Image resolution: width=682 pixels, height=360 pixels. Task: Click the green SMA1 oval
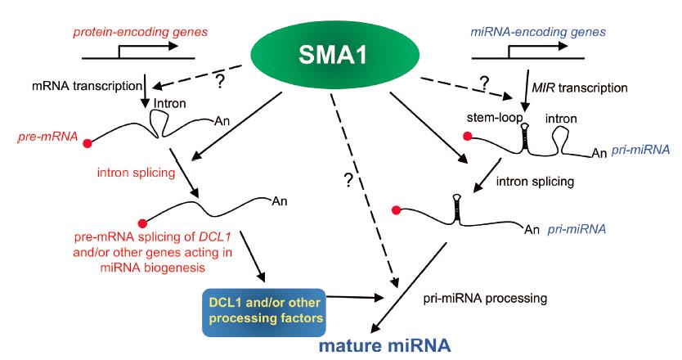pyautogui.click(x=334, y=55)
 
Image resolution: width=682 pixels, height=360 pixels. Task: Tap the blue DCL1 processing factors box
pyautogui.click(x=264, y=312)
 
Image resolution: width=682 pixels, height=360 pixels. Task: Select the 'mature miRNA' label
pyautogui.click(x=385, y=345)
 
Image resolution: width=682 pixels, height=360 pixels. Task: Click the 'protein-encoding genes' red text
pyautogui.click(x=140, y=32)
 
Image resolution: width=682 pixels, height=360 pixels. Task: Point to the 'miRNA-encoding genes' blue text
pyautogui.click(x=538, y=32)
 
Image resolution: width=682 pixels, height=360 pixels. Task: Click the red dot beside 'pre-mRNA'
pyautogui.click(x=87, y=144)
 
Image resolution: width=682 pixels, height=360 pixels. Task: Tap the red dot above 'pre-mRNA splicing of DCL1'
pyautogui.click(x=142, y=223)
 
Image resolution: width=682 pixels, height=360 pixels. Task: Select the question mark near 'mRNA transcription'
pyautogui.click(x=220, y=81)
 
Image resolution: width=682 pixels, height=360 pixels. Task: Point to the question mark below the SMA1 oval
pyautogui.click(x=348, y=180)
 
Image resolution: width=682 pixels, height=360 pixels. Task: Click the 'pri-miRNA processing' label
pyautogui.click(x=485, y=299)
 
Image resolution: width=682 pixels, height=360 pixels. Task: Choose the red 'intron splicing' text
pyautogui.click(x=136, y=173)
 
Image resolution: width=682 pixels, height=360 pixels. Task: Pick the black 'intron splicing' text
pyautogui.click(x=535, y=181)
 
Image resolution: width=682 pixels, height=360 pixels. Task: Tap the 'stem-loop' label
pyautogui.click(x=495, y=118)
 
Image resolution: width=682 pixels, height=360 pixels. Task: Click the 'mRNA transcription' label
pyautogui.click(x=87, y=86)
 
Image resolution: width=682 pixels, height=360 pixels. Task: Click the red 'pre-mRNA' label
pyautogui.click(x=48, y=137)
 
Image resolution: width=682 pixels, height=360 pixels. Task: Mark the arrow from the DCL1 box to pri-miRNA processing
pyautogui.click(x=353, y=297)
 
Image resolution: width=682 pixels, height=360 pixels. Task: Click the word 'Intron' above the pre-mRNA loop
pyautogui.click(x=169, y=104)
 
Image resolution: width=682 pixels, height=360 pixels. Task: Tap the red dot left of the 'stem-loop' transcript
pyautogui.click(x=468, y=137)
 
